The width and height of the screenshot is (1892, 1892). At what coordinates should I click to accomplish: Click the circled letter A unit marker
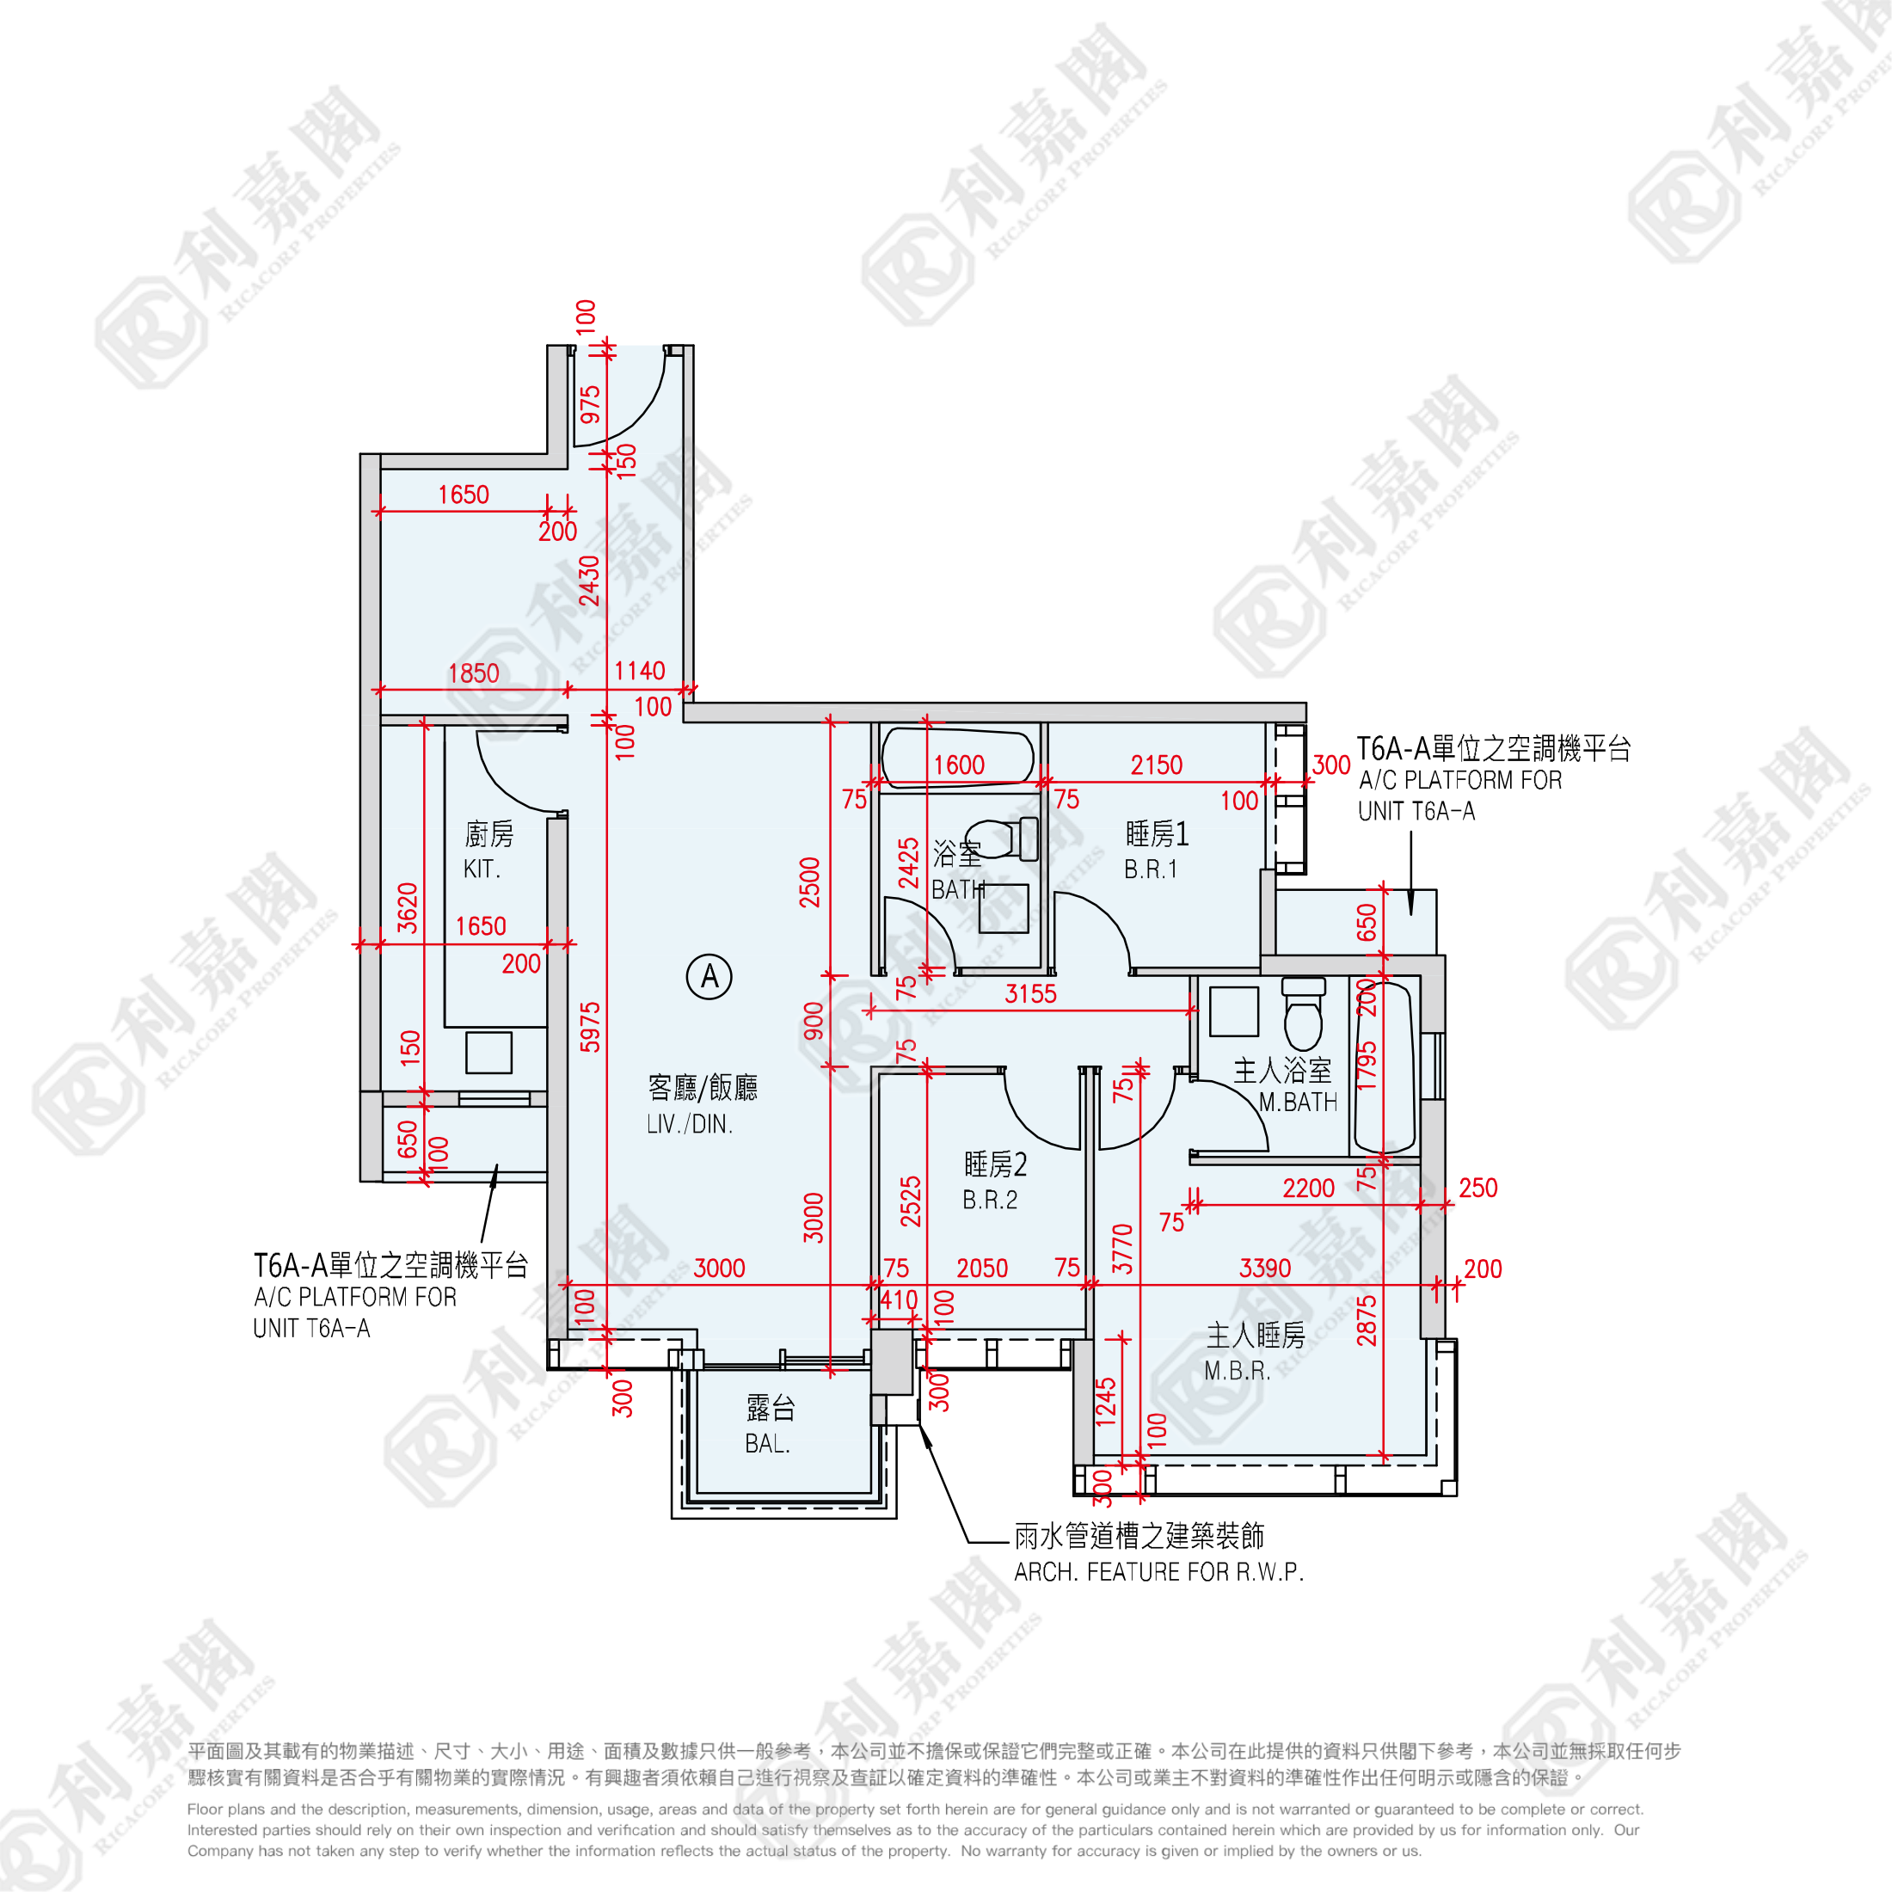[709, 976]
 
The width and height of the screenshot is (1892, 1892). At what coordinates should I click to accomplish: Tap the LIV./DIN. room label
[690, 1124]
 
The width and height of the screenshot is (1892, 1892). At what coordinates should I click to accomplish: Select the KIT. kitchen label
[482, 869]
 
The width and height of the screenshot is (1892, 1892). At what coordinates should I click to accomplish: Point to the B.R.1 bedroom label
[1151, 869]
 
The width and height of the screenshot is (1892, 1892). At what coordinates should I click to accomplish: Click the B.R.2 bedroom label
[989, 1200]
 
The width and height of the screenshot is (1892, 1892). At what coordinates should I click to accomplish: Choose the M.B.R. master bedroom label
[1237, 1371]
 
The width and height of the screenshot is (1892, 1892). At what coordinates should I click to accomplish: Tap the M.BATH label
[1298, 1103]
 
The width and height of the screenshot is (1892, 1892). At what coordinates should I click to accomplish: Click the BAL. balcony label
[767, 1443]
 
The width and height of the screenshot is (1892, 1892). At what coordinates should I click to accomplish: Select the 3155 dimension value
[1030, 994]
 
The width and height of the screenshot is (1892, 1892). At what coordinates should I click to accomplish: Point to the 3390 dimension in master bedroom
[1265, 1268]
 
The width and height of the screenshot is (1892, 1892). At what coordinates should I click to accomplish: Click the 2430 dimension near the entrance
[588, 580]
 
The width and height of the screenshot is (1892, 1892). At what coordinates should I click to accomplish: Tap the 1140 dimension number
[640, 671]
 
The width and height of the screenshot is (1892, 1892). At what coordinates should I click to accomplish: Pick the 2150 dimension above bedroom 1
[1157, 765]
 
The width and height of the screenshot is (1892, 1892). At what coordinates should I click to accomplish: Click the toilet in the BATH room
[1003, 838]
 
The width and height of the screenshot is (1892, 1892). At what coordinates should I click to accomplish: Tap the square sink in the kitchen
[488, 1053]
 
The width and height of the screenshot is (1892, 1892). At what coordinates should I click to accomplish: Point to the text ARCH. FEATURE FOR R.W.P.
[1158, 1572]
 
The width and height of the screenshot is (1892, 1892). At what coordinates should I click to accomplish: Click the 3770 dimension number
[1122, 1249]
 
